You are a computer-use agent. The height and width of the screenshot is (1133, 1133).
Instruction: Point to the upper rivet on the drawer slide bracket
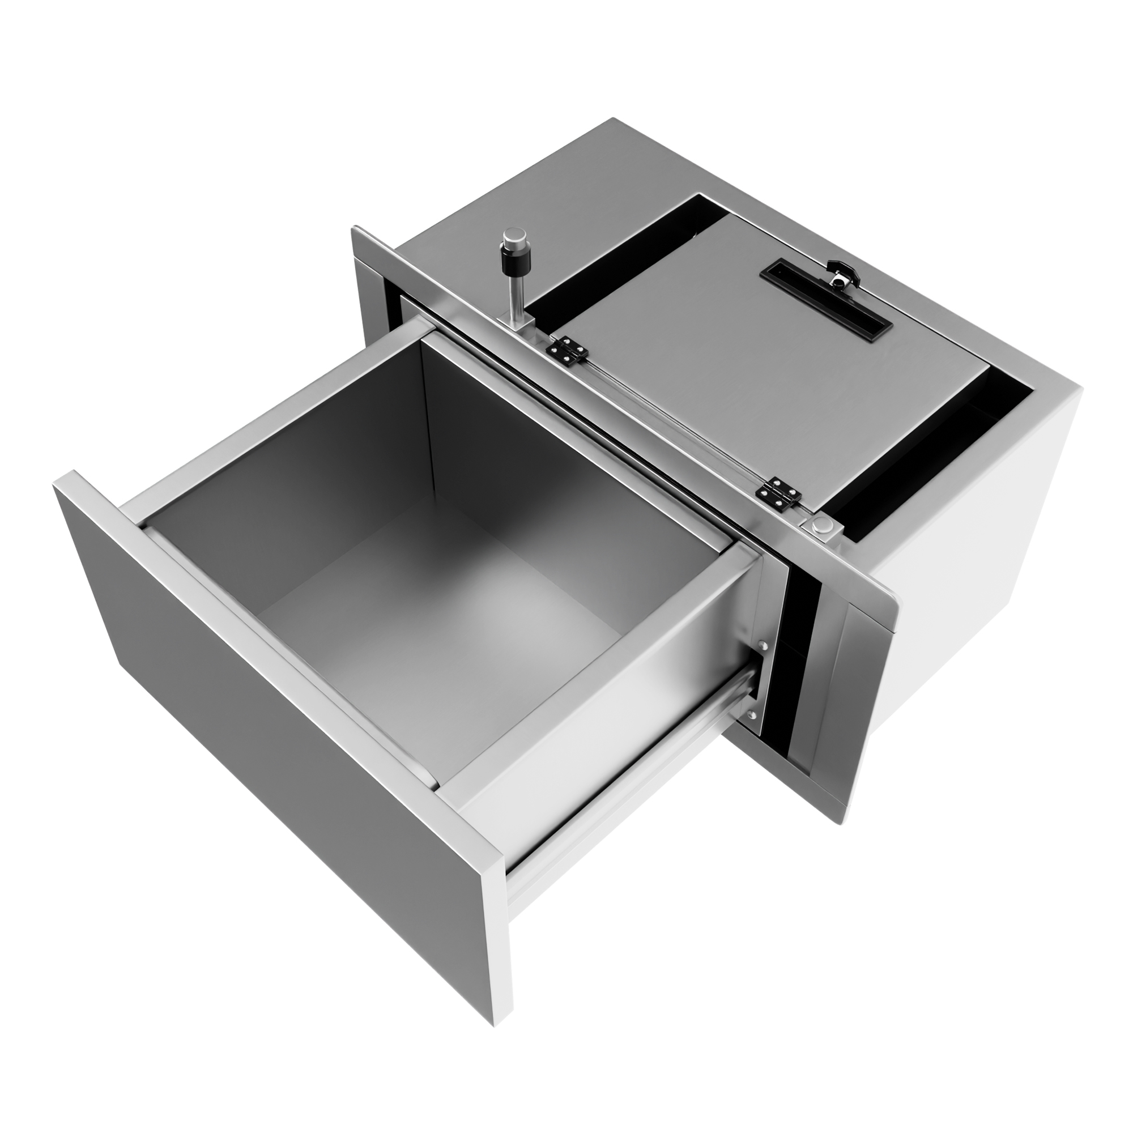[x=763, y=646]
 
